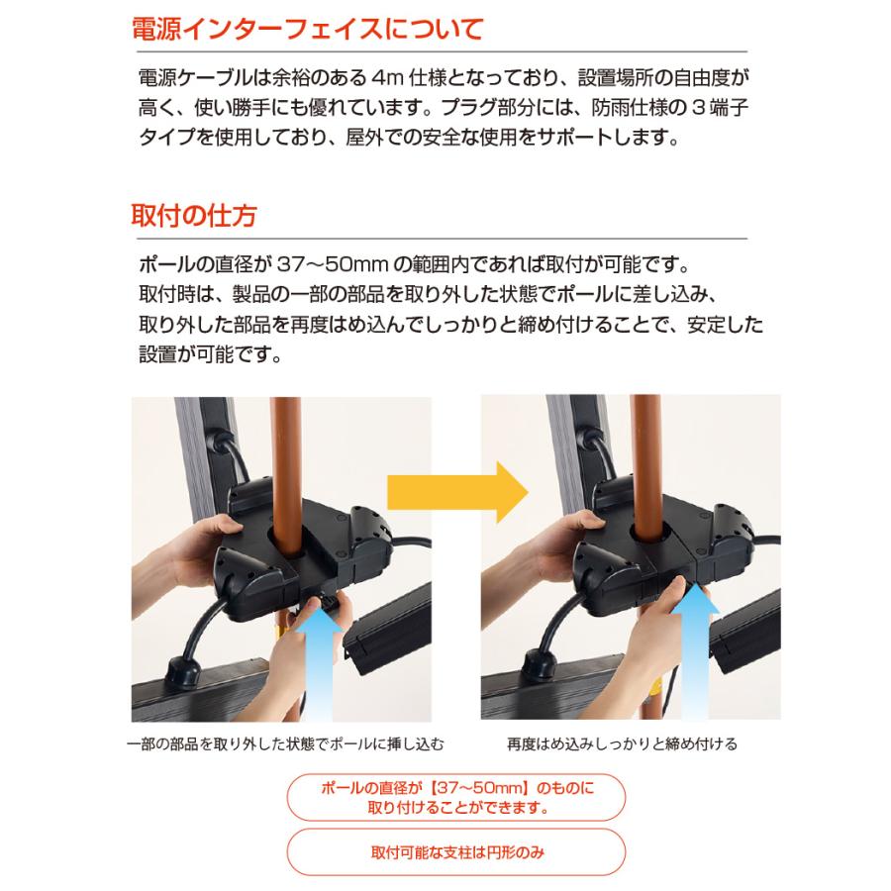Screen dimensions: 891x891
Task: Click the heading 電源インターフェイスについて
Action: click(307, 29)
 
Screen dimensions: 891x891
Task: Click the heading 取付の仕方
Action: click(194, 215)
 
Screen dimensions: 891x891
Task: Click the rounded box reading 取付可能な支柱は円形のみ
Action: click(455, 852)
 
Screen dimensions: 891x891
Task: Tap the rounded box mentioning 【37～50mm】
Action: click(455, 797)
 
